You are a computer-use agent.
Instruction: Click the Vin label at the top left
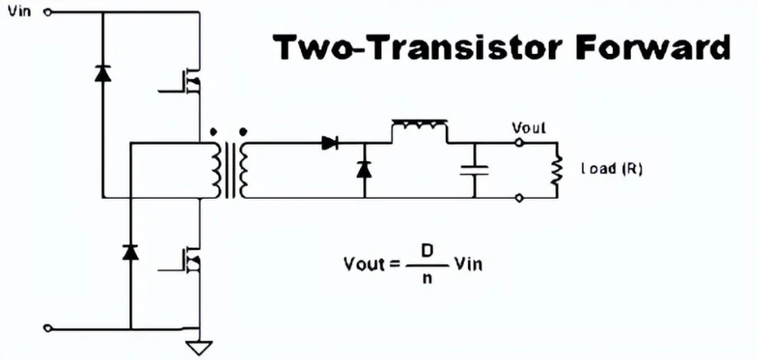point(18,12)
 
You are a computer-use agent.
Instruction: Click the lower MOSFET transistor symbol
point(190,259)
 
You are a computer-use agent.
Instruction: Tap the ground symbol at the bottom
point(199,347)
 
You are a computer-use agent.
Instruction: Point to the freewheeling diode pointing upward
point(364,168)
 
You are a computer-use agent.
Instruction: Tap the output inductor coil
point(420,129)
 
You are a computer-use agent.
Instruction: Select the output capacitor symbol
point(472,170)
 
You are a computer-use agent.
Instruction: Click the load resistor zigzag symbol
point(556,170)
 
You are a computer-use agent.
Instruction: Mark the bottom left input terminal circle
point(46,327)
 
